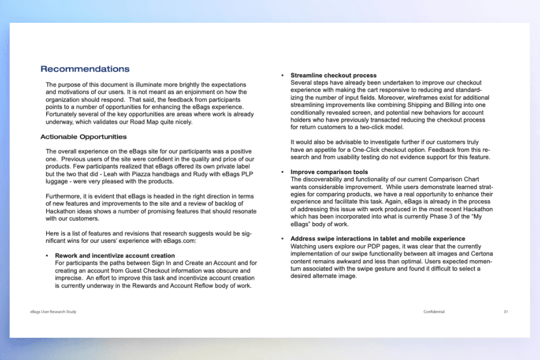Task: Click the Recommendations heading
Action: pos(85,69)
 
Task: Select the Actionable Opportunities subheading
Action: pos(83,137)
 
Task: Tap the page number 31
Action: pos(506,312)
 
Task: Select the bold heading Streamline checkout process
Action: pos(333,76)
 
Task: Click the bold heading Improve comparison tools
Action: pos(329,172)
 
